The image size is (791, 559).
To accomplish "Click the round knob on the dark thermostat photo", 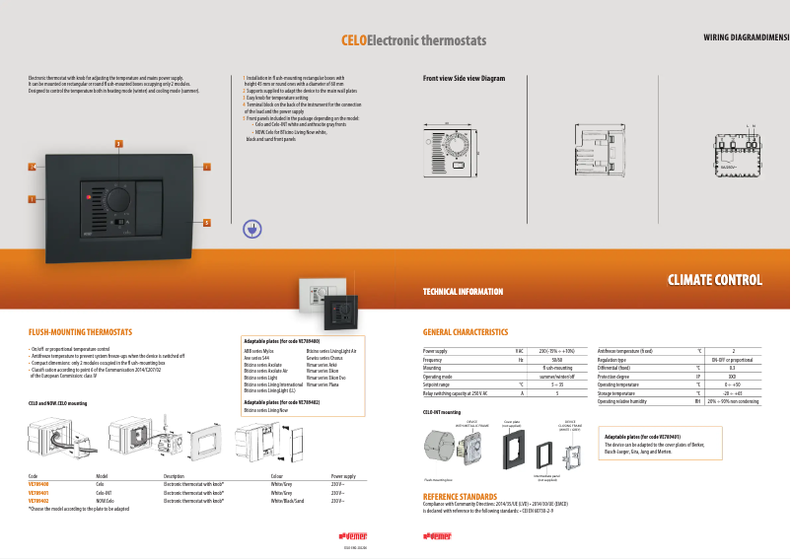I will click(119, 199).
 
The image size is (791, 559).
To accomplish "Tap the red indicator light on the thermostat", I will click(89, 198).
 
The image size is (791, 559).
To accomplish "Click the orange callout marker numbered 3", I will click(118, 144).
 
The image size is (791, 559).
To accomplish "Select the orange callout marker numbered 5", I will click(206, 222).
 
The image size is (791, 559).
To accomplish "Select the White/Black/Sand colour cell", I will click(288, 501).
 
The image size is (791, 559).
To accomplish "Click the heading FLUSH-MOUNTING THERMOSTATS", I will click(80, 332).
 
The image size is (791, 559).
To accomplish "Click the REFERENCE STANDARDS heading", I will click(460, 496).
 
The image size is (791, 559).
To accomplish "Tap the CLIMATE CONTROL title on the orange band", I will click(714, 280).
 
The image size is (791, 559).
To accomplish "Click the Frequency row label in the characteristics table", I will click(435, 359).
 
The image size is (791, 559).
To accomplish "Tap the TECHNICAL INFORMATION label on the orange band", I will click(463, 292).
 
